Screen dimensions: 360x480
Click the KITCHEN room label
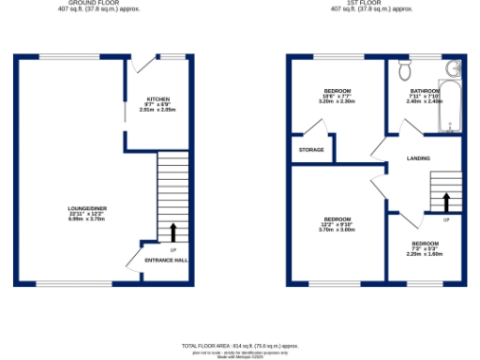[157, 98]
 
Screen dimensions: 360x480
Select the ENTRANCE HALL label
[165, 259]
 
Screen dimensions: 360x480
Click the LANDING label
[418, 158]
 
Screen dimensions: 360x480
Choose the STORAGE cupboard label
[311, 150]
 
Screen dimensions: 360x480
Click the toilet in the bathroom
[404, 70]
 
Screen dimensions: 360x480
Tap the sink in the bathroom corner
[456, 67]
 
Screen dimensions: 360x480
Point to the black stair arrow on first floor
[446, 201]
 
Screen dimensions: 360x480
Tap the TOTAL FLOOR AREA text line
[243, 347]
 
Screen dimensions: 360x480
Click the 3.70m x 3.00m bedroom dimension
[337, 230]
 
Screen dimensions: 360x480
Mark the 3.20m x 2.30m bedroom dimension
[336, 101]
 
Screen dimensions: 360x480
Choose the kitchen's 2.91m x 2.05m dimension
[157, 111]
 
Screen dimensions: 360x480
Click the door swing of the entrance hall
[142, 249]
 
